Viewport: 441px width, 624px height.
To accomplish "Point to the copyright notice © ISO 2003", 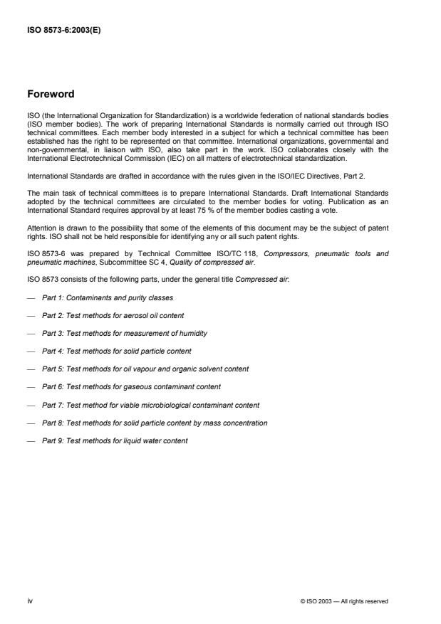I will (344, 601).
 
